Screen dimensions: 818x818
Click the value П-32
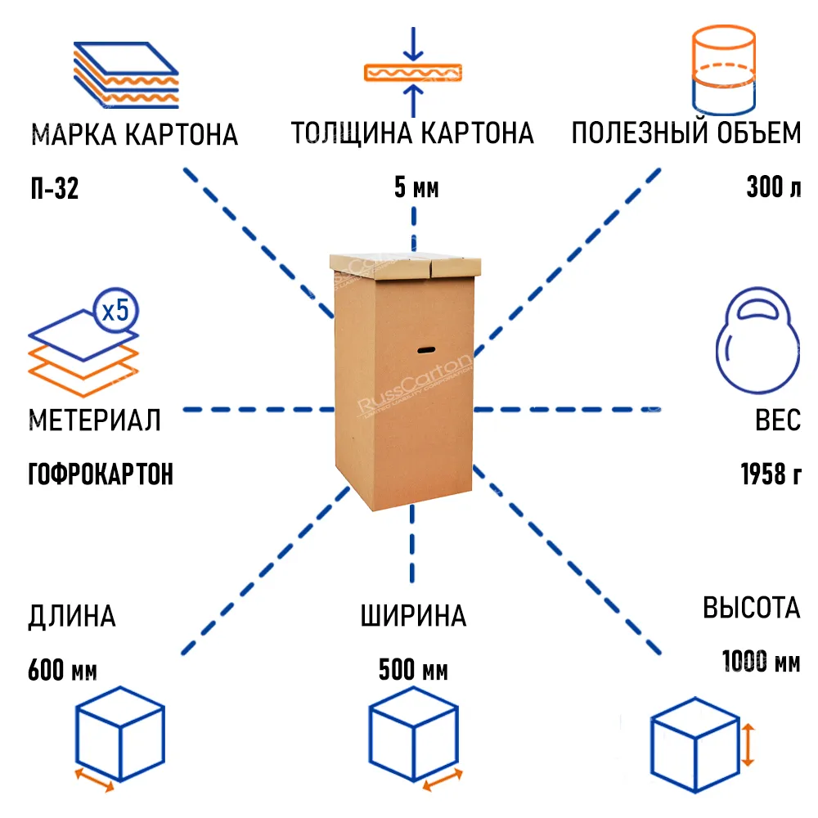click(53, 189)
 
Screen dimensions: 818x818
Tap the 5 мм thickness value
click(416, 189)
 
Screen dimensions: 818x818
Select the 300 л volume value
click(773, 189)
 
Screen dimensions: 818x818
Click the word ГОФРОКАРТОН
click(101, 474)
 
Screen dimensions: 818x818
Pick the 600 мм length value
click(62, 671)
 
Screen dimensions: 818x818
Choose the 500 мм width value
click(413, 672)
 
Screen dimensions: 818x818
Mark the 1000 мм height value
click(760, 661)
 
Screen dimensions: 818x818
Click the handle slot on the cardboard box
click(426, 350)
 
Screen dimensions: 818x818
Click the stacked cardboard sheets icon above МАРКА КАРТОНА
click(125, 74)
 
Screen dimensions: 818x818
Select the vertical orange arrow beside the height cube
click(748, 744)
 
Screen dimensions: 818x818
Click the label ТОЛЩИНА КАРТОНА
click(412, 133)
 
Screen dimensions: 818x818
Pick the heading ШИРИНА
click(413, 616)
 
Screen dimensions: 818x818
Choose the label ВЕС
click(777, 420)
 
